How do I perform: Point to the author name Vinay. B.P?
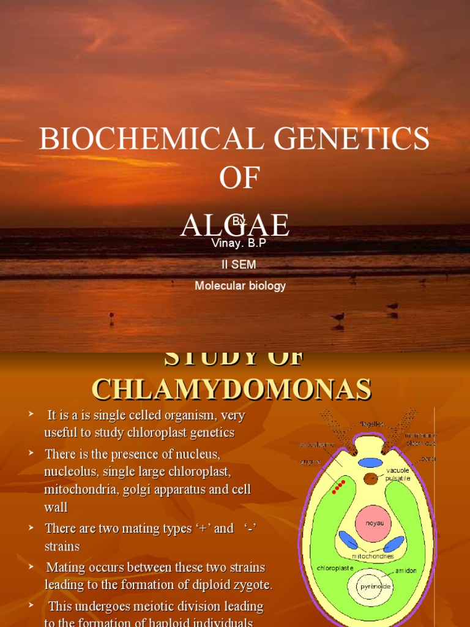pyautogui.click(x=239, y=243)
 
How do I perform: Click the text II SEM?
pyautogui.click(x=239, y=265)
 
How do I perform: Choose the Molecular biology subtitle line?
pyautogui.click(x=240, y=285)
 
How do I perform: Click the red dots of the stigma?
pyautogui.click(x=338, y=487)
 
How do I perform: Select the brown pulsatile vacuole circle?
pyautogui.click(x=371, y=479)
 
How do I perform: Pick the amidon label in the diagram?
pyautogui.click(x=406, y=570)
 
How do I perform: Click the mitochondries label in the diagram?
pyautogui.click(x=373, y=556)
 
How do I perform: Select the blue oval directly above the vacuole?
pyautogui.click(x=369, y=462)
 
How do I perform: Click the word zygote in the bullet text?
pyautogui.click(x=250, y=585)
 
